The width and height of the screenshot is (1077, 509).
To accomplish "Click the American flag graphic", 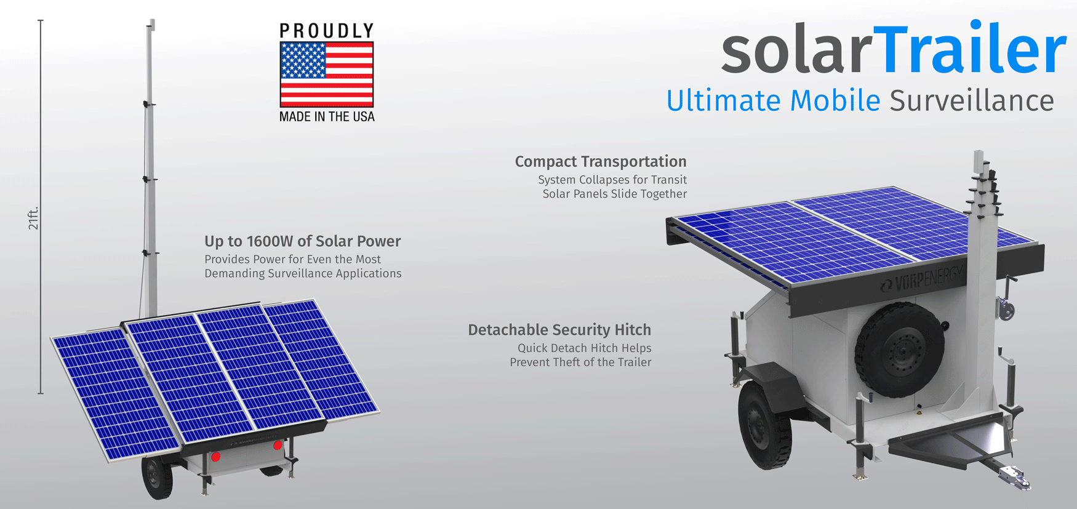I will point(326,74).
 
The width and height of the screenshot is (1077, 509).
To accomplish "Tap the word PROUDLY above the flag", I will point(326,31).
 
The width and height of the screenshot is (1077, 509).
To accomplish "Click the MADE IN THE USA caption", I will point(326,116).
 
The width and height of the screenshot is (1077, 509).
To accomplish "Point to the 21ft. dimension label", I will point(33,218).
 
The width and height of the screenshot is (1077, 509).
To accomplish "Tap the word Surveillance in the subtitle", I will point(971,101).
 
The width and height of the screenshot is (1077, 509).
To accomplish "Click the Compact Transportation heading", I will point(600,161).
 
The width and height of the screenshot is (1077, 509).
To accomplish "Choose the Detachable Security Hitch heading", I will point(559,330).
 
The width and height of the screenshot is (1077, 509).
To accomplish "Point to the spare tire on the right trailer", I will point(899,350).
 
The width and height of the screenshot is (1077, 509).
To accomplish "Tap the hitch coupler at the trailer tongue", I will point(1015,477).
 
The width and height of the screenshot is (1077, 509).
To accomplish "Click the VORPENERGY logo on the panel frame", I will point(923,279).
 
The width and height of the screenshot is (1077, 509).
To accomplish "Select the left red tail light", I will point(215,457).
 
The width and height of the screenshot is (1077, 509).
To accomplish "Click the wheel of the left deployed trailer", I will point(157,478).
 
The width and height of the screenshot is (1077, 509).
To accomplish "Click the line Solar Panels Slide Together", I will point(614,194).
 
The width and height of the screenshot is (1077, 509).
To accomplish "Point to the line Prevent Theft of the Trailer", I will point(580,362).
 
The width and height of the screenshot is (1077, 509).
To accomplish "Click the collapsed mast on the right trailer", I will point(979,246).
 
